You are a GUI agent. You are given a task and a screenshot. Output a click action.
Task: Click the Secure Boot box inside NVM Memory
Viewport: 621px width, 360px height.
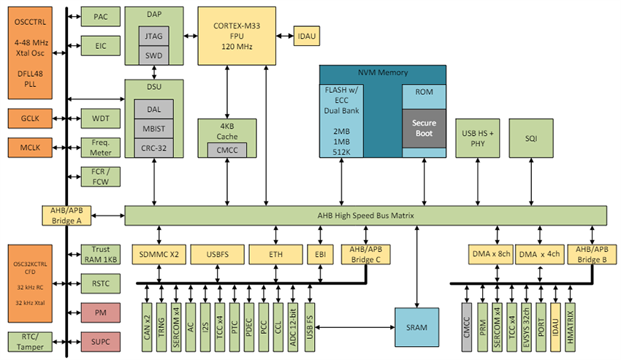[x=424, y=128]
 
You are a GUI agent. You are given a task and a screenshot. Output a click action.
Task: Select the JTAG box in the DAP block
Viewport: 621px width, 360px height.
[x=154, y=36]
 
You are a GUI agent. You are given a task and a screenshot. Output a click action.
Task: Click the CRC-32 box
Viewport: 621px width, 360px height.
[x=154, y=148]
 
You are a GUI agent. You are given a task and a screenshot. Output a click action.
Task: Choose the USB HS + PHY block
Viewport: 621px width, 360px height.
[x=479, y=138]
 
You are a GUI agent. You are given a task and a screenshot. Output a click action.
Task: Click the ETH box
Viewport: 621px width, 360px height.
[x=275, y=254]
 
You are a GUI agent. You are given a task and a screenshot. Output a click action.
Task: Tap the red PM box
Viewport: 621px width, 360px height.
[x=101, y=312]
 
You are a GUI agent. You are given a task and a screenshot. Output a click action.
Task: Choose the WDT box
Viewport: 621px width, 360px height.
[x=101, y=118]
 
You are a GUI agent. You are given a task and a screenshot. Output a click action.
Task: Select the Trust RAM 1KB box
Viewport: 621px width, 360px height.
[x=101, y=254]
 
